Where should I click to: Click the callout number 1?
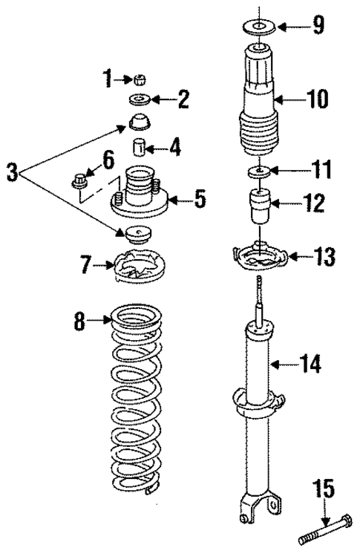coord(107,76)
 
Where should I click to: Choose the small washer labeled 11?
coord(258,172)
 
